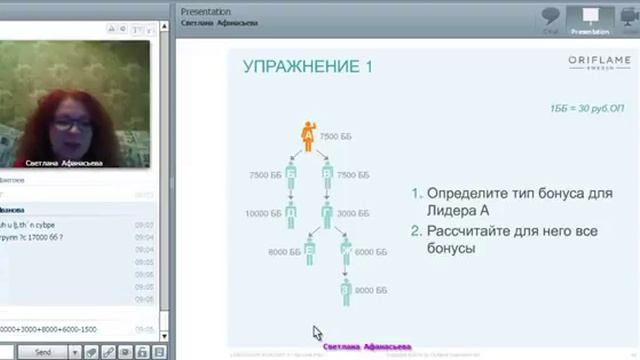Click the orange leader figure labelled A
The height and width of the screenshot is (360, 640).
(x=308, y=136)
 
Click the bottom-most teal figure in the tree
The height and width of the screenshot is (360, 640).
(x=346, y=291)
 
